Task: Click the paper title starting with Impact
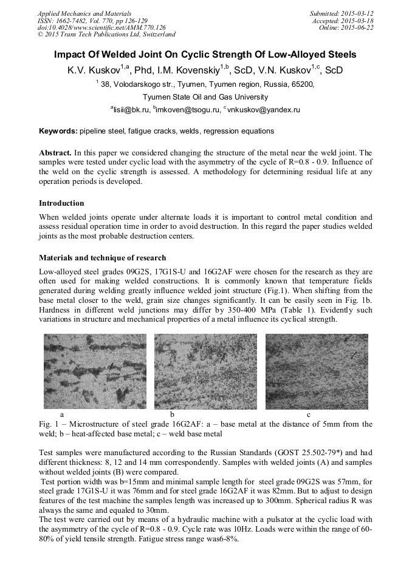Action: click(x=205, y=55)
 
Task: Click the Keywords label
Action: click(x=58, y=131)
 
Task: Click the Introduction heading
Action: click(x=61, y=203)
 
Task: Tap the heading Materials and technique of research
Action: click(x=102, y=257)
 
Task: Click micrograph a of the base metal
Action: click(x=95, y=371)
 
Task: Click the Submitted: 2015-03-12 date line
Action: click(x=342, y=13)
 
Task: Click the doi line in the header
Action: click(x=101, y=27)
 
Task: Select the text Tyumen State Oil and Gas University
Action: click(x=205, y=97)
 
